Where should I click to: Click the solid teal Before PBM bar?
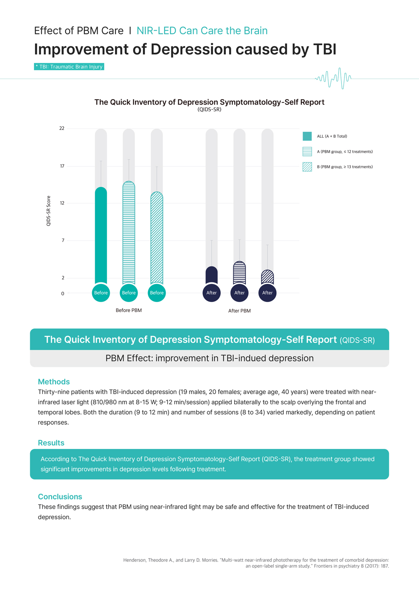coord(101,236)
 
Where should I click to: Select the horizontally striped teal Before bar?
coord(129,233)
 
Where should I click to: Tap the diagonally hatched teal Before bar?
coord(157,238)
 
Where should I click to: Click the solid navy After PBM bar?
coord(212,275)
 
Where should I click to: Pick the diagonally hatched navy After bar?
coord(267,277)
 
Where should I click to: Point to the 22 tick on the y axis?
coord(62,128)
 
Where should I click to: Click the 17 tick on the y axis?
coord(62,166)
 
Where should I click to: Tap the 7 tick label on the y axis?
coord(63,241)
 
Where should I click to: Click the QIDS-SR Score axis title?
coord(49,211)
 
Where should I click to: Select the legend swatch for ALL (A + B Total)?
coord(307,136)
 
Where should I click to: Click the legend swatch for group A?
coord(307,151)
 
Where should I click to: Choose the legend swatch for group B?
coord(307,167)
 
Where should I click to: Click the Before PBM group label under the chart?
coord(129,310)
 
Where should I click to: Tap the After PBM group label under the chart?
coord(239,311)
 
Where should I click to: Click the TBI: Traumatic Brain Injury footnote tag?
coord(69,67)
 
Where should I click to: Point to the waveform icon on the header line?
coord(334,78)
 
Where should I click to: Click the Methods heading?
coord(54,382)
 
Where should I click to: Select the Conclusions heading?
coord(60,497)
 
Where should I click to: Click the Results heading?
coord(51,443)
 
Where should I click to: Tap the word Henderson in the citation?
coord(134,560)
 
